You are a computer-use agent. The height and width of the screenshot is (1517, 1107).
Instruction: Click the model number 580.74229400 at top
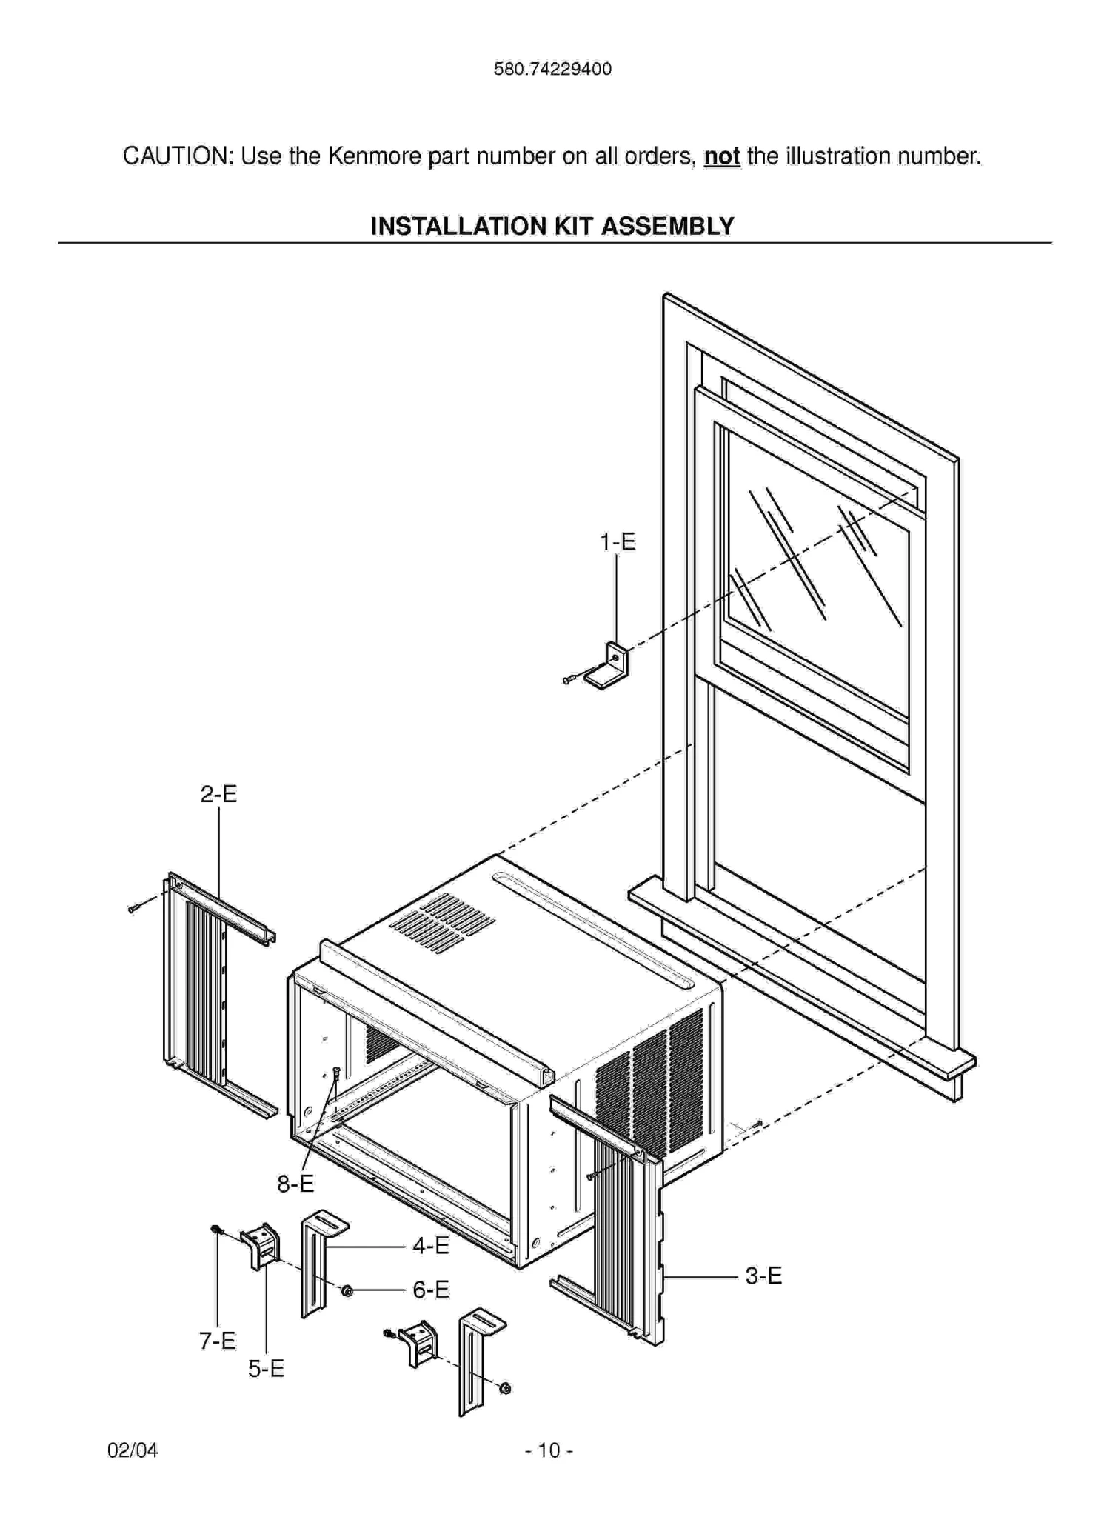(x=552, y=69)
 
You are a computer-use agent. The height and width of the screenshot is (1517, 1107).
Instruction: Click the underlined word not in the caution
(x=721, y=156)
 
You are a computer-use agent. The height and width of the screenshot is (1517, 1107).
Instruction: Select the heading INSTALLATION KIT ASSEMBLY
(x=552, y=225)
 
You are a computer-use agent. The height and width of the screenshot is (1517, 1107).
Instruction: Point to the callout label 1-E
(x=618, y=542)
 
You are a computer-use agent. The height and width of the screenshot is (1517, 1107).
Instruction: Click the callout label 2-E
(x=219, y=794)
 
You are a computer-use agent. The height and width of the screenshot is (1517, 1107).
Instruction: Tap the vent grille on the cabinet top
(x=443, y=922)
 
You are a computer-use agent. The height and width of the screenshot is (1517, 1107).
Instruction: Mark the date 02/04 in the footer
(x=133, y=1450)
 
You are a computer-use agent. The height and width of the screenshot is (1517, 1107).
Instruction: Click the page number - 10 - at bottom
(x=549, y=1450)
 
